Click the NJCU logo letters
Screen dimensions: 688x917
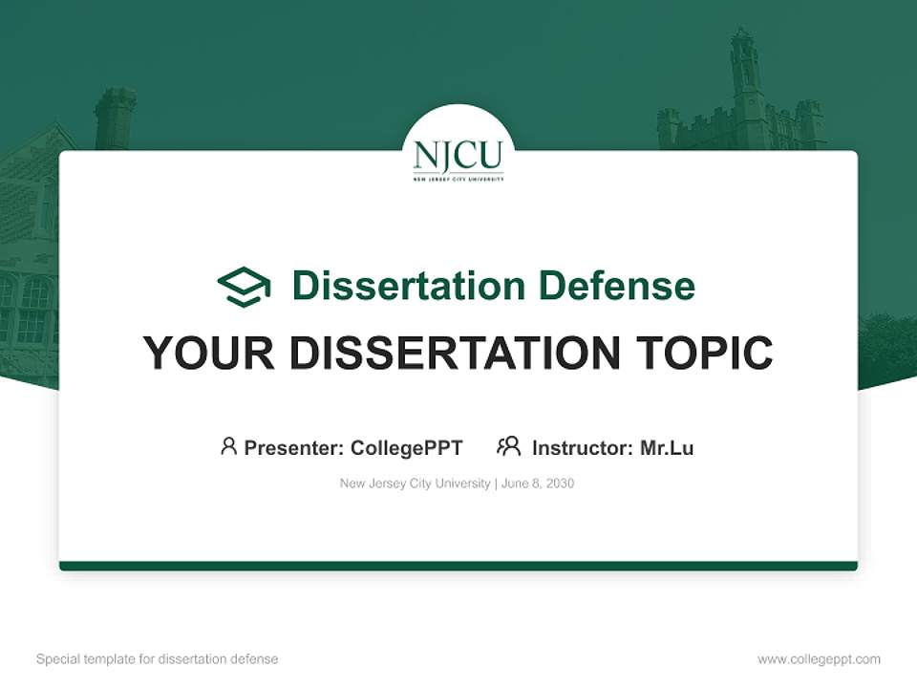coord(458,155)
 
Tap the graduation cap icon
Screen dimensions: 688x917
coord(244,286)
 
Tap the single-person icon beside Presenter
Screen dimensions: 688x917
coord(228,446)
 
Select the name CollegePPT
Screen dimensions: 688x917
coord(406,447)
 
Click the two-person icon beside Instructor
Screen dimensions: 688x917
coord(508,446)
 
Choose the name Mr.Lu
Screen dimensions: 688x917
coord(667,447)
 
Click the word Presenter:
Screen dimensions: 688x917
coord(294,447)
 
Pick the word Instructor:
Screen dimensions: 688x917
coord(583,447)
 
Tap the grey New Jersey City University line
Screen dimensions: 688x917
coord(415,484)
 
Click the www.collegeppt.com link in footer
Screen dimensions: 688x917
coord(819,659)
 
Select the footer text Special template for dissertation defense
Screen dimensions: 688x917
coord(158,659)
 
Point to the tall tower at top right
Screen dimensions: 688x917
coord(746,86)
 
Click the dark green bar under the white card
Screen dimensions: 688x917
coord(458,566)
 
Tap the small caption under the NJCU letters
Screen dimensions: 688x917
coord(458,178)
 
